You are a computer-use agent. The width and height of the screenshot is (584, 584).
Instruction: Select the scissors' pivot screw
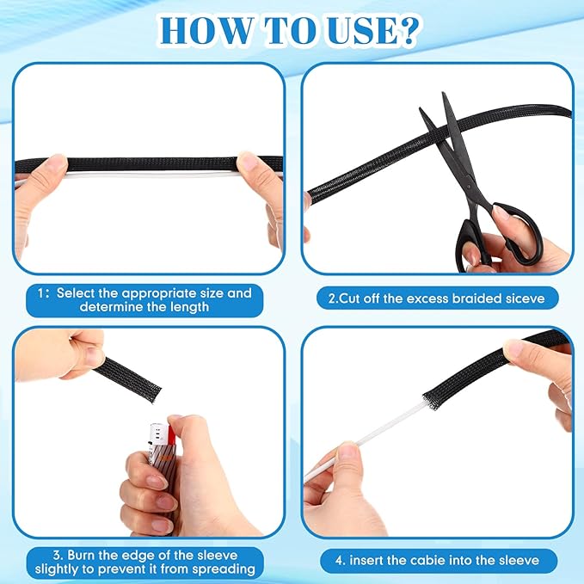(469, 185)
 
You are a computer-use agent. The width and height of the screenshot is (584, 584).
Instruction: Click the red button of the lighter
(172, 433)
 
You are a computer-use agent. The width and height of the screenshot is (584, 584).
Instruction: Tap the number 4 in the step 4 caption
(339, 561)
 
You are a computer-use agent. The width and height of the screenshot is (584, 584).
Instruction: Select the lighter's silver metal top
(158, 433)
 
